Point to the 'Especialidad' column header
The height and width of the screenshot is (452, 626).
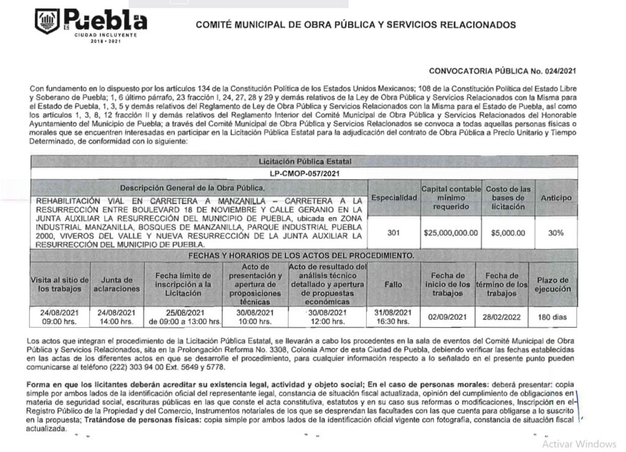tap(394, 198)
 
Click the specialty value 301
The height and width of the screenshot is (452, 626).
tap(394, 232)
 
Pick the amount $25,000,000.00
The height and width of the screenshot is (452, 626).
tap(451, 233)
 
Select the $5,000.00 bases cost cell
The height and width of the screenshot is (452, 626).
tap(508, 233)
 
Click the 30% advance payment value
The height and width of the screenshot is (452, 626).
tap(556, 233)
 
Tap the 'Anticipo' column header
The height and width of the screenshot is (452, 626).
tap(556, 198)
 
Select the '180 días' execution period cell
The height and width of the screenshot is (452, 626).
tap(554, 317)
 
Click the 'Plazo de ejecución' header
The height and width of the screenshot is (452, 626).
tap(554, 284)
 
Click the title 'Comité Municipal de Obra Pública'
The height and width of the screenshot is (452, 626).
tap(355, 25)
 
